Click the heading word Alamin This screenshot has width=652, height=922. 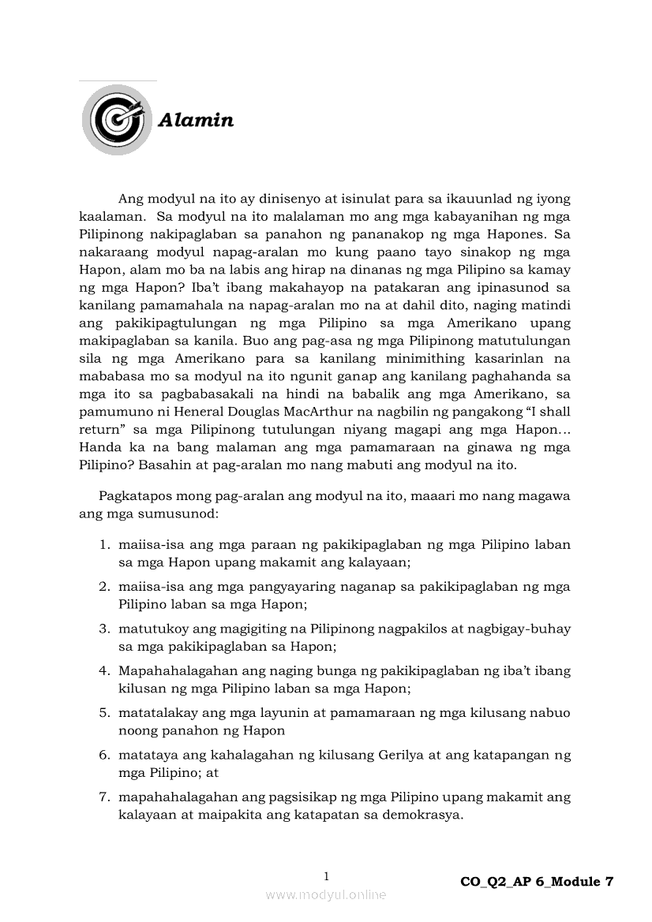[196, 121]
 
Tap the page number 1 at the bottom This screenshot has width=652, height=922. [326, 876]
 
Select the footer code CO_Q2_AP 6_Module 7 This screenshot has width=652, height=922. [536, 882]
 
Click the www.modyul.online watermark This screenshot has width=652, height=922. [326, 894]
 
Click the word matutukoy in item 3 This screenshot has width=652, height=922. [150, 629]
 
